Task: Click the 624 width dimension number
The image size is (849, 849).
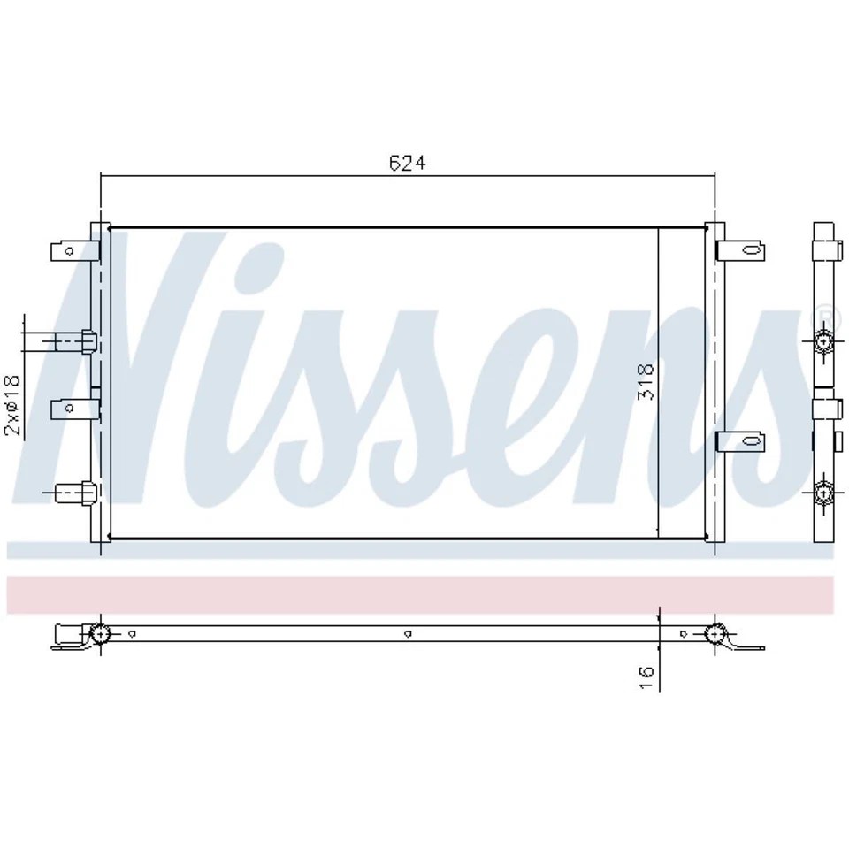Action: (408, 163)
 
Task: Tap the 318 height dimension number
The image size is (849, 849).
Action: (646, 381)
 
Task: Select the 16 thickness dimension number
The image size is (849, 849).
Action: (646, 677)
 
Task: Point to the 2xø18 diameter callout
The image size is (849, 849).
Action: (12, 405)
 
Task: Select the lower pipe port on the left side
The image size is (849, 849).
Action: (73, 492)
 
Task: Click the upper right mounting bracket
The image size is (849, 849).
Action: (739, 251)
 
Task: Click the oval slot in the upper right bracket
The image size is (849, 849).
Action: (752, 251)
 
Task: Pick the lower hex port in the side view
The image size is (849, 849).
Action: (824, 492)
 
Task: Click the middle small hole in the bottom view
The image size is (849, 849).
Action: (407, 633)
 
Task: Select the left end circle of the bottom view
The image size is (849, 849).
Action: (100, 633)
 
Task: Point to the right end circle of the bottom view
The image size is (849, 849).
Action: (715, 633)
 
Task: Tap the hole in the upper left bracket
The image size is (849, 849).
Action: (62, 252)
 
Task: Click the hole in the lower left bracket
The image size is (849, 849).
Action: (62, 409)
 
